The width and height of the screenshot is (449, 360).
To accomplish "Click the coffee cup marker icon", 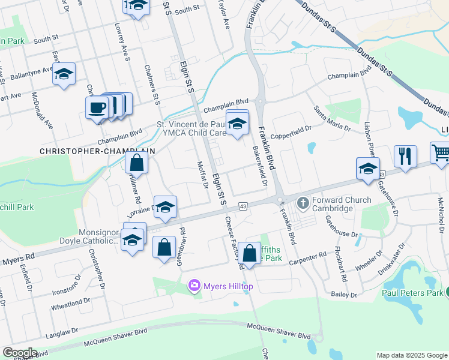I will (x=96, y=108).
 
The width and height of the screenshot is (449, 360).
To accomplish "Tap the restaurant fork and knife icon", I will (x=405, y=157).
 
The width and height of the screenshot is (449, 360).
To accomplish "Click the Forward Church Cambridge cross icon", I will (x=303, y=203).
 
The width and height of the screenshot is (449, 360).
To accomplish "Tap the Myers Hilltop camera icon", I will (x=194, y=286).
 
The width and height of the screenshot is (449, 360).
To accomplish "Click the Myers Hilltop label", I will (x=228, y=287).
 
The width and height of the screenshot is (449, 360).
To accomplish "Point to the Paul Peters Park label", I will (x=412, y=293).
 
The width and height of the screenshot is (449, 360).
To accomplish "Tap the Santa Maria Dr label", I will (x=331, y=117).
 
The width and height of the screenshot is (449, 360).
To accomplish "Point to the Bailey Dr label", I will (x=344, y=295).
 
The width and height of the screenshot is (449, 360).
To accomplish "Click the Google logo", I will (x=20, y=353).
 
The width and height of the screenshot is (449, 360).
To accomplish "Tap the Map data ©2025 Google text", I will (x=411, y=355).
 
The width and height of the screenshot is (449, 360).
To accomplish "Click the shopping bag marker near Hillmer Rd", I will (x=137, y=163).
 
